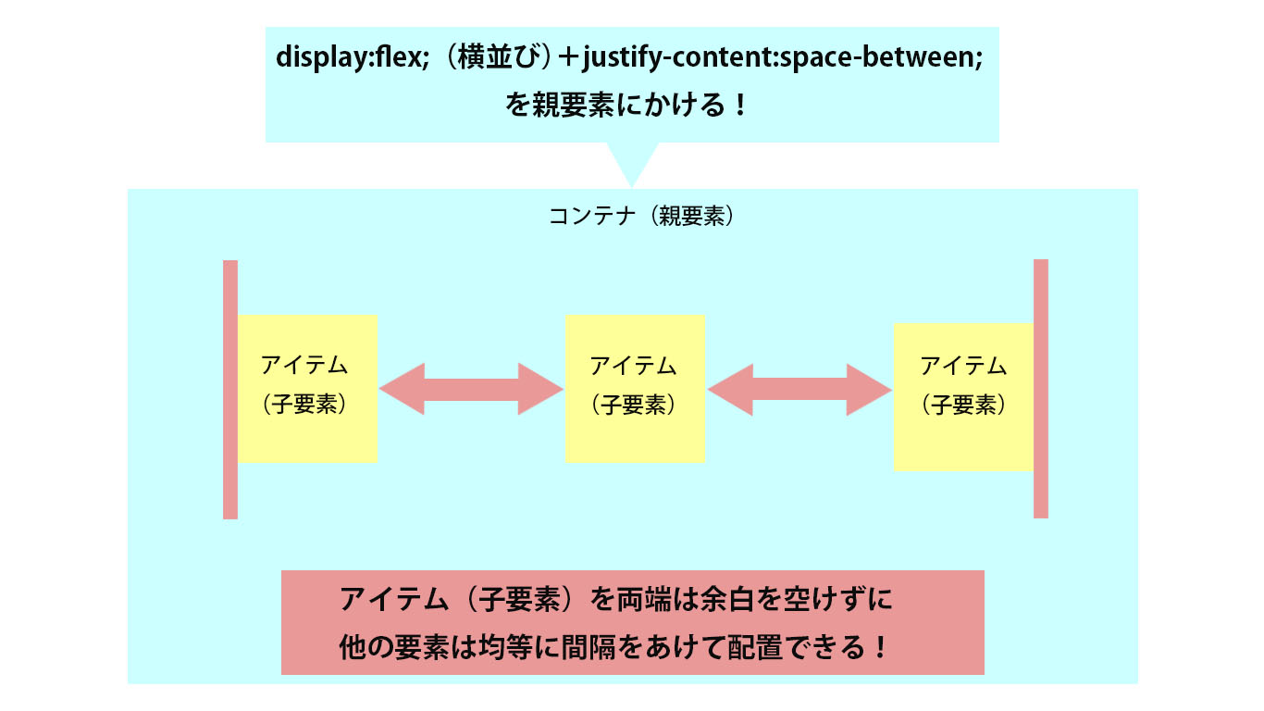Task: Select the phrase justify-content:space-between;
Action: click(x=783, y=58)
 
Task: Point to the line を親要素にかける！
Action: click(x=627, y=105)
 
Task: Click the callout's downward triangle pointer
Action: click(x=633, y=163)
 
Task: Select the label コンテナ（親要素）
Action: click(x=641, y=216)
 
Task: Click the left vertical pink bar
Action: click(x=230, y=390)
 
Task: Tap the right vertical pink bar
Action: click(x=1041, y=389)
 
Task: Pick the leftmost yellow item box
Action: click(x=307, y=389)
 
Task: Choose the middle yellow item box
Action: click(x=635, y=389)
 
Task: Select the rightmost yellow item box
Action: click(x=963, y=397)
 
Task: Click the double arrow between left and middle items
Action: click(x=471, y=389)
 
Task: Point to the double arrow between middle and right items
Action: click(x=799, y=390)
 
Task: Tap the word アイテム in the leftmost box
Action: click(x=304, y=366)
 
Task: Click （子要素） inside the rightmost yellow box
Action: click(x=964, y=405)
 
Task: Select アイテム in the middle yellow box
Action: click(x=633, y=366)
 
